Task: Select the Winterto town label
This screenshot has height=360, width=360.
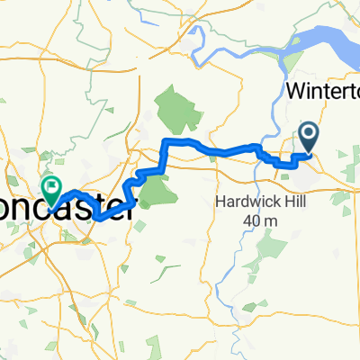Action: pos(321,92)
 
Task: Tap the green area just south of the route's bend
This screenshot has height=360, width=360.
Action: pos(155,187)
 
